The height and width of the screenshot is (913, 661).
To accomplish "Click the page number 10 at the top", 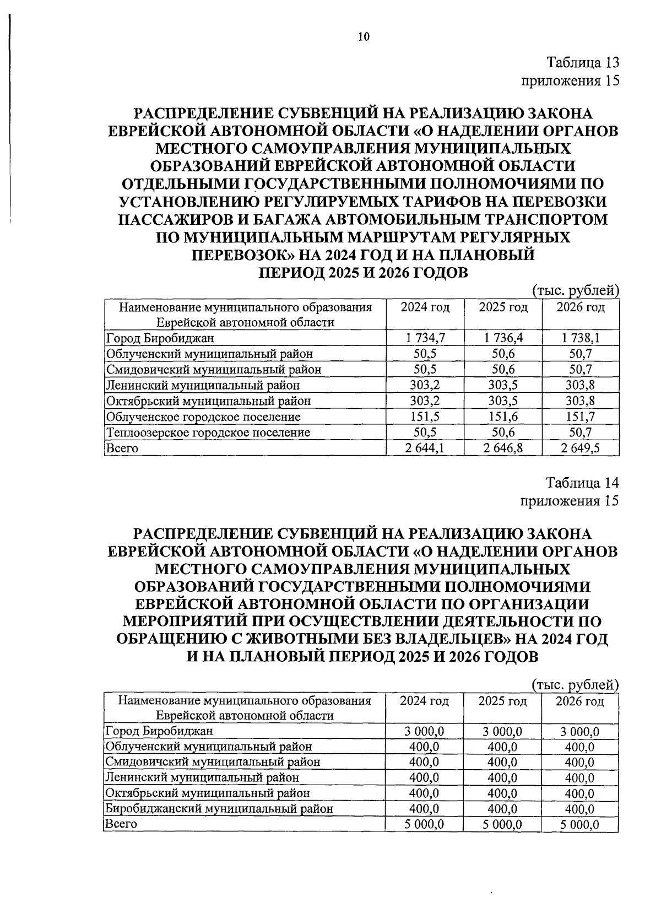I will (x=364, y=37).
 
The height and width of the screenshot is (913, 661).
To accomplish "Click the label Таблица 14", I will (x=582, y=483).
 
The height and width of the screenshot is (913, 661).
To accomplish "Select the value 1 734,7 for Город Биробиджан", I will (x=424, y=338).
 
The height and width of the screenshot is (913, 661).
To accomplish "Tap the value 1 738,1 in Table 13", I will (x=581, y=338).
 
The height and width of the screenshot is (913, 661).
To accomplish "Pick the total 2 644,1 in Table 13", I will (x=424, y=448).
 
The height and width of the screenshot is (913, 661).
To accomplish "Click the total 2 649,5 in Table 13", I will (x=581, y=448).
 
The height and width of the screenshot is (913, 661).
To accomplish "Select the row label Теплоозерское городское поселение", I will (x=208, y=433).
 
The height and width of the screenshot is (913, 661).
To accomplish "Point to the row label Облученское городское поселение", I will (x=203, y=417).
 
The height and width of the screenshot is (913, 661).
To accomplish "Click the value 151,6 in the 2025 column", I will (x=502, y=417).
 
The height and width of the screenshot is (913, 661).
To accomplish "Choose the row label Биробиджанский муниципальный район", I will (x=219, y=809).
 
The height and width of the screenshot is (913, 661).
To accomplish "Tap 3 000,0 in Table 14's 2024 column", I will (x=424, y=732).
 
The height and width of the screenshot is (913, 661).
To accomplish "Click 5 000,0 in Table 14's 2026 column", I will (x=580, y=825).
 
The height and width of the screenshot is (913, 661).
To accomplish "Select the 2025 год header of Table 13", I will (x=502, y=307).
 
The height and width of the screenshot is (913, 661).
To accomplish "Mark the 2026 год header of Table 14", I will (x=579, y=701).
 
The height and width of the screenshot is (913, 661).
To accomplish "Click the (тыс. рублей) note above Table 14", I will (x=576, y=685).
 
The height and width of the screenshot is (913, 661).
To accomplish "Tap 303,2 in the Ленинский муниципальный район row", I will (x=424, y=385).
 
